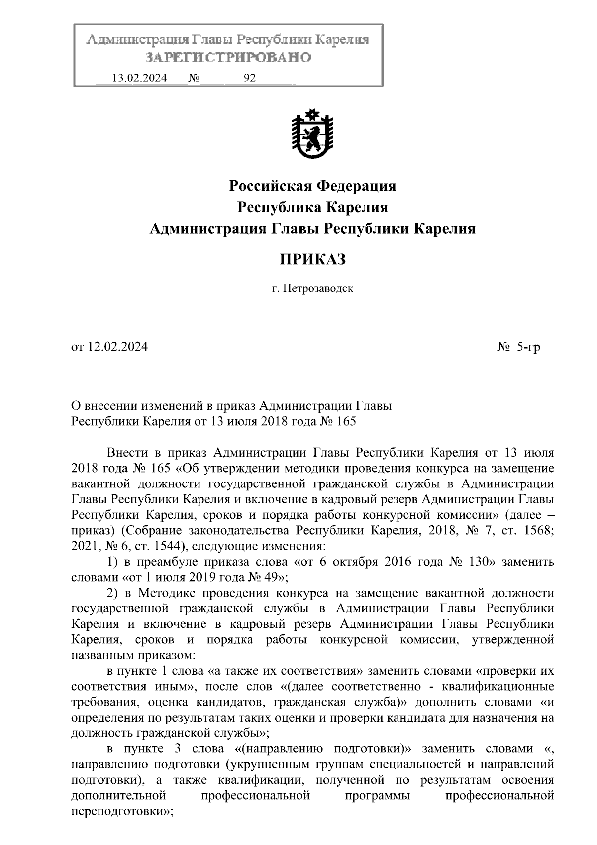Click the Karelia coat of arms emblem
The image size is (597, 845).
312,134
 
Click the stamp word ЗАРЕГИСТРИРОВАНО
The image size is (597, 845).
228,58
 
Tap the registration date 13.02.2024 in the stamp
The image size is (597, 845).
139,78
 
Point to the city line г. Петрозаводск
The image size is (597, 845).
312,288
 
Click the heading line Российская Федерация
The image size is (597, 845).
312,186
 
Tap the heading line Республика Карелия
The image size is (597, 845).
312,207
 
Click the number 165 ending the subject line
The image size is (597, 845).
347,421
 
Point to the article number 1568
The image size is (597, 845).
538,531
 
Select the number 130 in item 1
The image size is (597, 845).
480,562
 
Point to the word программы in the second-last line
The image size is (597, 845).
378,796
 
